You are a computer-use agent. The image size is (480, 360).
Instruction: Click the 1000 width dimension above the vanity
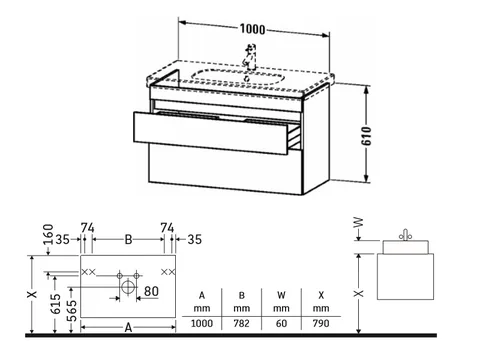pyautogui.click(x=253, y=29)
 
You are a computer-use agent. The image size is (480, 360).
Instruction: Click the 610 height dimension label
pyautogui.click(x=366, y=136)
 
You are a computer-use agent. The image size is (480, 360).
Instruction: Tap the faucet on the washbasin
pyautogui.click(x=249, y=57)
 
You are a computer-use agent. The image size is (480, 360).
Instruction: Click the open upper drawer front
pyautogui.click(x=210, y=133)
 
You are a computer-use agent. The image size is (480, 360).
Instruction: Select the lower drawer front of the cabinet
pyautogui.click(x=226, y=169)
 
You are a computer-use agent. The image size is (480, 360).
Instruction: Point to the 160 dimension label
pyautogui.click(x=49, y=234)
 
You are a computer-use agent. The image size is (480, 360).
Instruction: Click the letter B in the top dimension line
pyautogui.click(x=128, y=239)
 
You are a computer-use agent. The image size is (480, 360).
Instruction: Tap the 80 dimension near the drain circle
pyautogui.click(x=151, y=291)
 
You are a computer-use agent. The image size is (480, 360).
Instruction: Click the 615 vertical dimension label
pyautogui.click(x=56, y=304)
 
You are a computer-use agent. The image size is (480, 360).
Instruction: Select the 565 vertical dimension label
pyautogui.click(x=72, y=311)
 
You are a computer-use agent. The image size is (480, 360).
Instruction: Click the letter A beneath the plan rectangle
pyautogui.click(x=128, y=328)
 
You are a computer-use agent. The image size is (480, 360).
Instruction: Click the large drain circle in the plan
pyautogui.click(x=128, y=287)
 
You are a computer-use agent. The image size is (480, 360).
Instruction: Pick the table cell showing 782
pyautogui.click(x=241, y=323)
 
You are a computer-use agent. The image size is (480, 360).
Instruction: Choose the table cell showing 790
pyautogui.click(x=321, y=323)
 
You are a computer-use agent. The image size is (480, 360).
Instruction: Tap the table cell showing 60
pyautogui.click(x=281, y=323)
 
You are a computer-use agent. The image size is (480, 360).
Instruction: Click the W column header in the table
pyautogui.click(x=281, y=295)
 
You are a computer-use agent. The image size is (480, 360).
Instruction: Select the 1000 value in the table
pyautogui.click(x=202, y=323)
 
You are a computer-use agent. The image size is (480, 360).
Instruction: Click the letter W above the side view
pyautogui.click(x=358, y=222)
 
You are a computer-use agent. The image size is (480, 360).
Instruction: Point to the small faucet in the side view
pyautogui.click(x=405, y=235)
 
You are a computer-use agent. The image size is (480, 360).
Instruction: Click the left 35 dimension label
pyautogui.click(x=63, y=239)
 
